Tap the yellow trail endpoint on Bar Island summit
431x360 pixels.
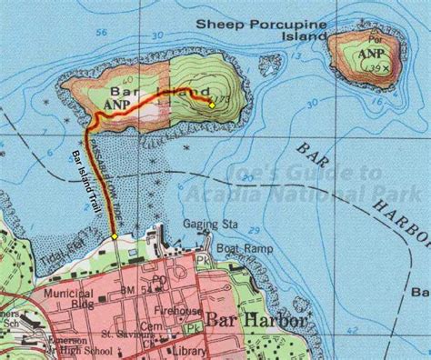212,105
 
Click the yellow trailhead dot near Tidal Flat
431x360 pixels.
115,236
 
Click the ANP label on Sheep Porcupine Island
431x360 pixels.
371,53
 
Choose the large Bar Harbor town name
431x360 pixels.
256,320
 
